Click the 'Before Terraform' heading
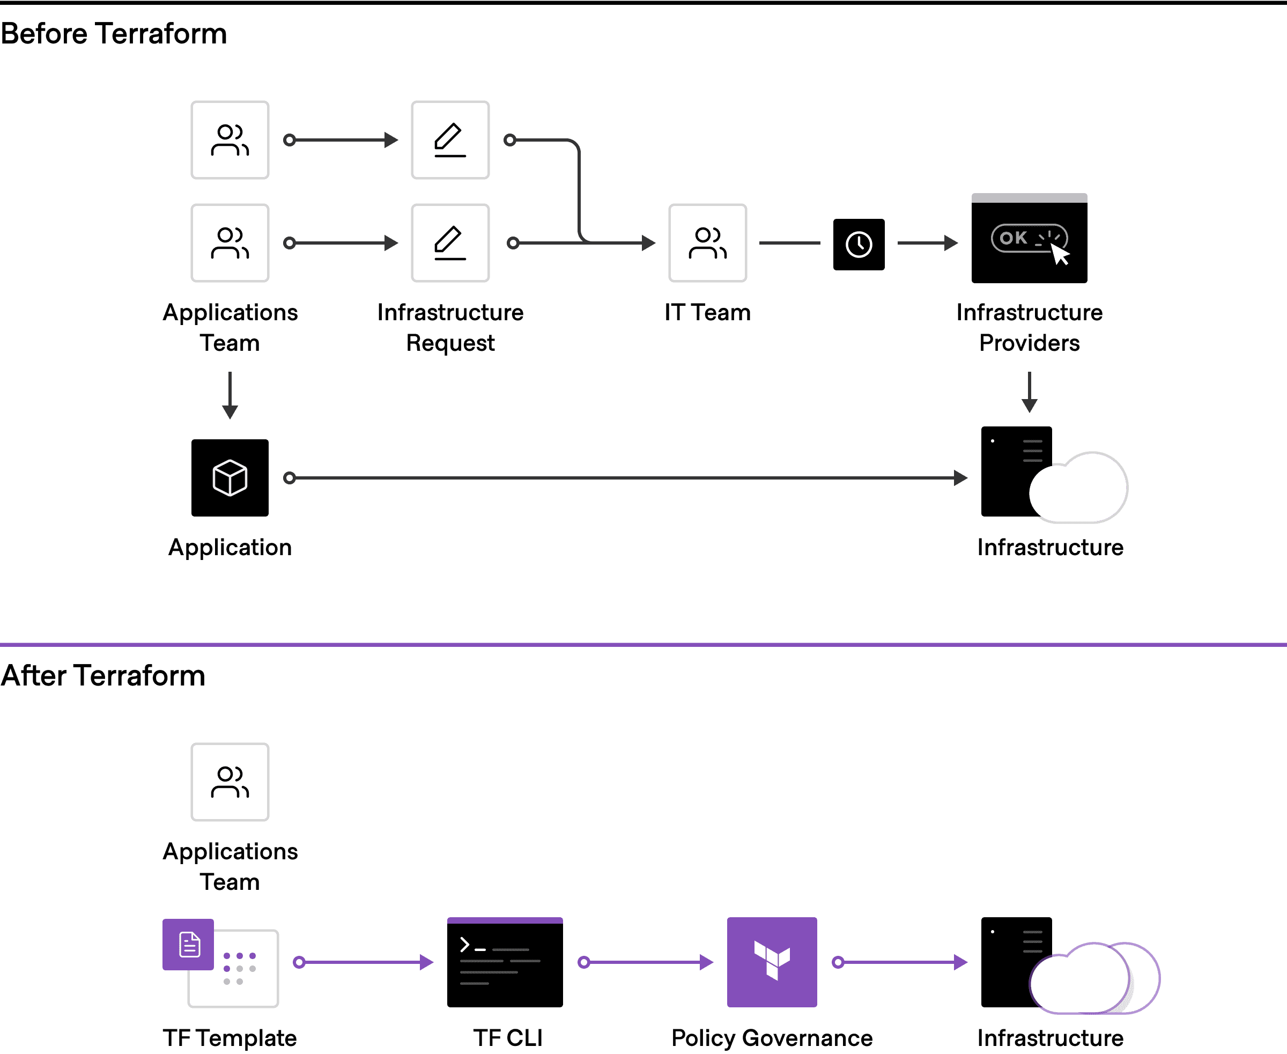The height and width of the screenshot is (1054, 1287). [114, 33]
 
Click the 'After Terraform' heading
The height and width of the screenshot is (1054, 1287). [103, 675]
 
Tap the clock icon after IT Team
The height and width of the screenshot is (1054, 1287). [859, 244]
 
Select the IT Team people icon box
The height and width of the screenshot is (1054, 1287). [707, 243]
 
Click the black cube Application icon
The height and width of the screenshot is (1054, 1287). [230, 478]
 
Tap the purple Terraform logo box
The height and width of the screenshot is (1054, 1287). [772, 962]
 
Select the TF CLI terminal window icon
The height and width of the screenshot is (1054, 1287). [505, 962]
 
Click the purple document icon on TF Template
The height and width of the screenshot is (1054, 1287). [189, 945]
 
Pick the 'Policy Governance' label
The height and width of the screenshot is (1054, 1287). [772, 1037]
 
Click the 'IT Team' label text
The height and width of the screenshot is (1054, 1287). [707, 313]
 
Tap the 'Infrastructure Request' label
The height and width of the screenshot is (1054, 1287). [450, 328]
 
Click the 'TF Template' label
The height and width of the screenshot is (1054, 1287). [230, 1037]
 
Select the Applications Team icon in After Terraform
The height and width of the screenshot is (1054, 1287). [230, 782]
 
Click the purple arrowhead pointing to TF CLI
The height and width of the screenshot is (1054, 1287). [427, 962]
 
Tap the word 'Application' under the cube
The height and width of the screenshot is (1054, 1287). [230, 547]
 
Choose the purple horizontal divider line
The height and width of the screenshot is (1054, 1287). [643, 644]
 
